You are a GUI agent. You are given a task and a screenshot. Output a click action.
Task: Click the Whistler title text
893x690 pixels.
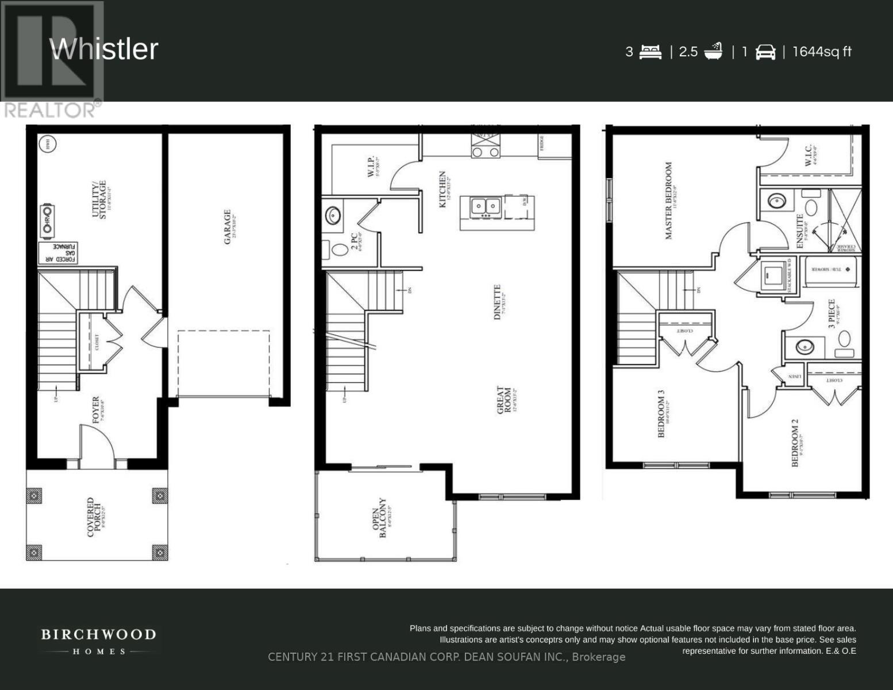coord(104,49)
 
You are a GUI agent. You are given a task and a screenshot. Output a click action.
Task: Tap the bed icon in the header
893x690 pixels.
coord(650,52)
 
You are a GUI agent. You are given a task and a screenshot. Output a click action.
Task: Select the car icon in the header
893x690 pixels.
coord(765,52)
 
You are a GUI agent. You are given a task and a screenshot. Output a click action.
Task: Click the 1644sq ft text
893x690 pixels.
coord(822,52)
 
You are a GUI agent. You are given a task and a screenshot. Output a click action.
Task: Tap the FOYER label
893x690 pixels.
coord(95,409)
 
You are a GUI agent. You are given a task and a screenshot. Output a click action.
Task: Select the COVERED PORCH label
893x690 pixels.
coord(94,517)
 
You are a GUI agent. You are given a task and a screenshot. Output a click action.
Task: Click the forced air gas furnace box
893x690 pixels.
coord(59,253)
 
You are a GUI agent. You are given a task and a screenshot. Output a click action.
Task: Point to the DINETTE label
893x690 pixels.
coord(498,302)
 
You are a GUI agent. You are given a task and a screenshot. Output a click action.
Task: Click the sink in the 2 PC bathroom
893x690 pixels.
coord(333,216)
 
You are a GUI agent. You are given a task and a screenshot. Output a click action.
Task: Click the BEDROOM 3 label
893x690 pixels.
coord(661,415)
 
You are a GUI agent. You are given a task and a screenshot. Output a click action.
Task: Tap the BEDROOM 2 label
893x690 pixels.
coord(795,443)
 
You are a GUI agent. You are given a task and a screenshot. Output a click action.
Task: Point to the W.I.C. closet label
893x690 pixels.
coord(808,155)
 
